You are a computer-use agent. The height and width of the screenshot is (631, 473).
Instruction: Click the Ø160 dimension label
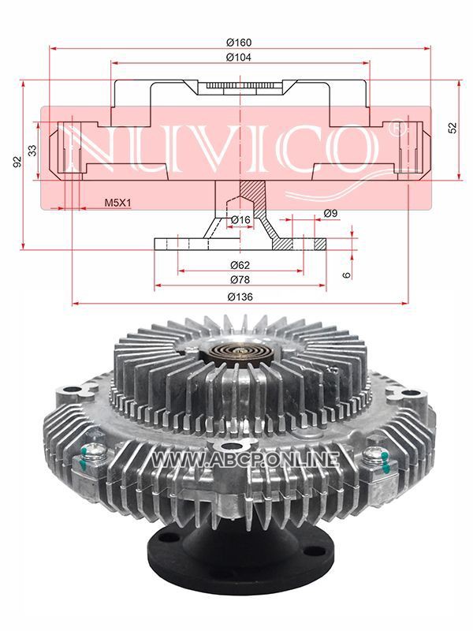239,43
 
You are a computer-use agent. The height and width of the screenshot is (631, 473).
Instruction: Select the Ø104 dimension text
239,58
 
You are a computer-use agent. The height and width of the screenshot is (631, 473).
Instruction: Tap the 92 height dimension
17,162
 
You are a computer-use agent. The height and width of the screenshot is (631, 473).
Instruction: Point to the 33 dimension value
32,151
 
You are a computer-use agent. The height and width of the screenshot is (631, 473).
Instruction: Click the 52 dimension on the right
453,128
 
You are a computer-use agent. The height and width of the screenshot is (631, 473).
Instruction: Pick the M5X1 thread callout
117,203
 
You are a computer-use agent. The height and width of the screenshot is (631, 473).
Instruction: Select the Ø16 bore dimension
240,220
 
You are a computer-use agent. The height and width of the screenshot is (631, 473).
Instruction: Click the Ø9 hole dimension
330,213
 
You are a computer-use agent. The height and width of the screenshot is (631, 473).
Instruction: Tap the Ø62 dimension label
240,265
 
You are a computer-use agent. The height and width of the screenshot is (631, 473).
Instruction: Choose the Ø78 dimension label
240,279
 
